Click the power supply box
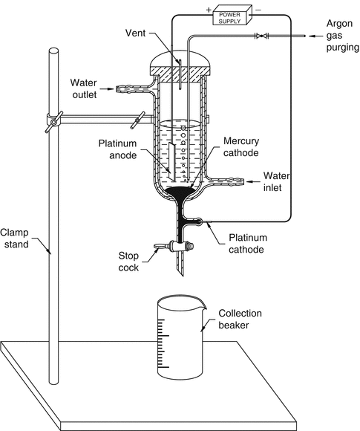(x=232, y=15)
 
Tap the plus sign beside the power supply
(x=209, y=10)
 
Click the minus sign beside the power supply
(x=258, y=10)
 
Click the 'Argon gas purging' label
(x=342, y=36)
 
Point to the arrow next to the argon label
(x=315, y=36)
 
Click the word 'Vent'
(x=135, y=33)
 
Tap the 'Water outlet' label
(x=84, y=88)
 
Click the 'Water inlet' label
(x=276, y=182)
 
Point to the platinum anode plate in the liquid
(x=172, y=162)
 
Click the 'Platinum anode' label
(x=118, y=149)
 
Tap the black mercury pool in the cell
(x=180, y=192)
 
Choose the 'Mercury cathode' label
(x=241, y=147)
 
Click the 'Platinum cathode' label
(x=248, y=243)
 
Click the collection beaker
(x=181, y=338)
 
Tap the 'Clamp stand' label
(x=15, y=239)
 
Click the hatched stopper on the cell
(x=180, y=74)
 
